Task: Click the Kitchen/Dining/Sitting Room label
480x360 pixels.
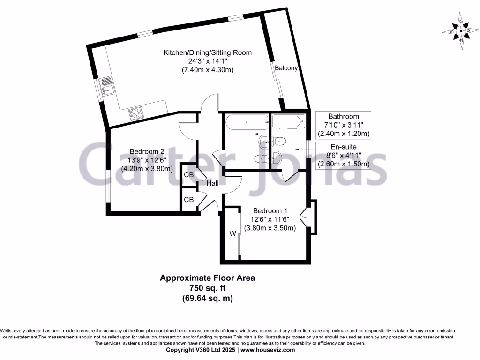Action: click(x=207, y=52)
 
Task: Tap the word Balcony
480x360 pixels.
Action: click(x=286, y=68)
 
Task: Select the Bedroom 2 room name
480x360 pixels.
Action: click(x=147, y=151)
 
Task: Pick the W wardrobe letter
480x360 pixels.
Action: click(x=232, y=233)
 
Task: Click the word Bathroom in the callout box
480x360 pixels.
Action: click(x=344, y=117)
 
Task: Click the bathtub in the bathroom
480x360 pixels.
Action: click(x=247, y=123)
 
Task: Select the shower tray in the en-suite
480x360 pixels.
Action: click(x=288, y=122)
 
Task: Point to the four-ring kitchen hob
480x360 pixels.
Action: click(x=136, y=112)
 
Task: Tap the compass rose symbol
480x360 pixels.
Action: click(x=461, y=31)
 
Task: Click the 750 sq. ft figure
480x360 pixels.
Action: click(x=207, y=288)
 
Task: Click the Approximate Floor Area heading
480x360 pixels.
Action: click(x=207, y=278)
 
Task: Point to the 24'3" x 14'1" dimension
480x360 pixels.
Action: click(x=207, y=61)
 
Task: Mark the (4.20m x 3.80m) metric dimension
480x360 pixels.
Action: click(x=147, y=169)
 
